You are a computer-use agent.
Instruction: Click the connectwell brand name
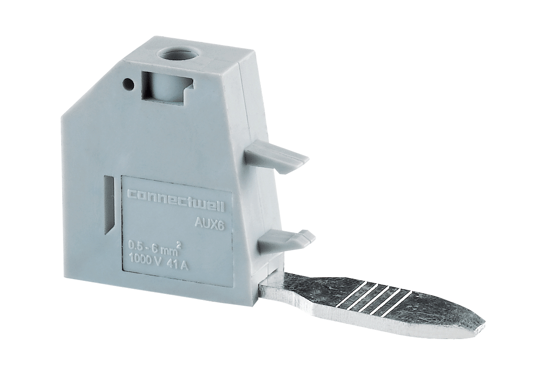(176, 201)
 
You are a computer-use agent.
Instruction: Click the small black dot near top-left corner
(128, 83)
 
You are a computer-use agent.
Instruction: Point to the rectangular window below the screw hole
(167, 87)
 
